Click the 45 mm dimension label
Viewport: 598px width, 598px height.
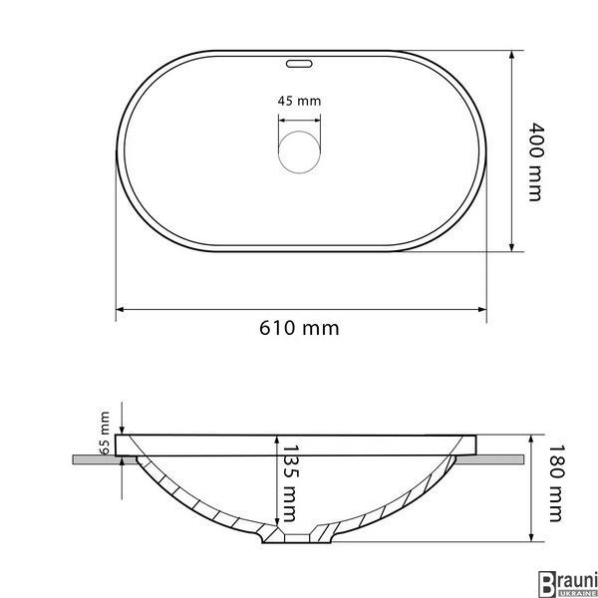[299, 101]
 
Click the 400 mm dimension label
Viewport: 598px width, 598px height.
[535, 161]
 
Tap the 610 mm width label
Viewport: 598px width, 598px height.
[299, 328]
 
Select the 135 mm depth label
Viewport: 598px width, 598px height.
[291, 483]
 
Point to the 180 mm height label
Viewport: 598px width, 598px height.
[556, 483]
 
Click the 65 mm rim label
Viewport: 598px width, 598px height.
[105, 433]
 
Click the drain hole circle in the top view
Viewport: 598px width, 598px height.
[299, 151]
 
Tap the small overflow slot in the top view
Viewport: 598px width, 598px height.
[299, 64]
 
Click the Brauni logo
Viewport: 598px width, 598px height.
[567, 583]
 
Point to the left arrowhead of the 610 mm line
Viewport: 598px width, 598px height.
[120, 309]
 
